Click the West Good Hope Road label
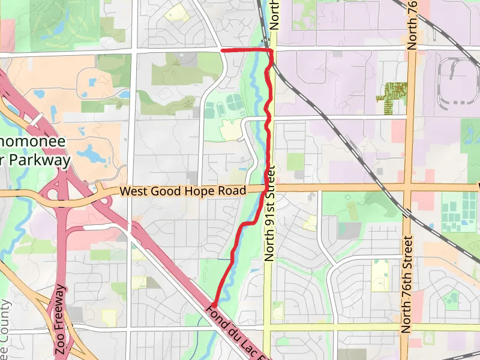point(183,191)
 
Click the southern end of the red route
point(214,305)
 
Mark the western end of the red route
point(223,50)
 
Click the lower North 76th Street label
point(407,285)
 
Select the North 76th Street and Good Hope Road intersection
point(408,187)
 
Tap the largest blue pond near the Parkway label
point(90,155)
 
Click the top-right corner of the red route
point(271,52)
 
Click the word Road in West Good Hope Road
point(233,191)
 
